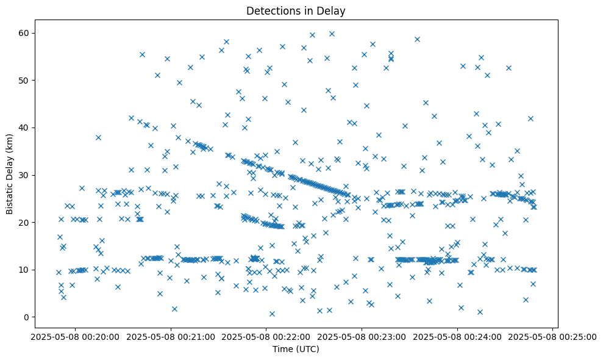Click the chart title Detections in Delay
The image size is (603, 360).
coord(296,10)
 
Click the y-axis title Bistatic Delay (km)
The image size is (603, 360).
coord(10,173)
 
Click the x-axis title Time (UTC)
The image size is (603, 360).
coord(296,350)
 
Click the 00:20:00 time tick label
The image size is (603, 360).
coord(75,336)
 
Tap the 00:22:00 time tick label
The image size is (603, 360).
coord(266,336)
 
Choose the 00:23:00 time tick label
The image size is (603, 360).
coord(362,336)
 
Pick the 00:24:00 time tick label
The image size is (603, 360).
coord(458,336)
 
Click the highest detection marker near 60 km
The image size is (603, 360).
coord(332,34)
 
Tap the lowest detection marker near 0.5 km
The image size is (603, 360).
coord(272,314)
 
